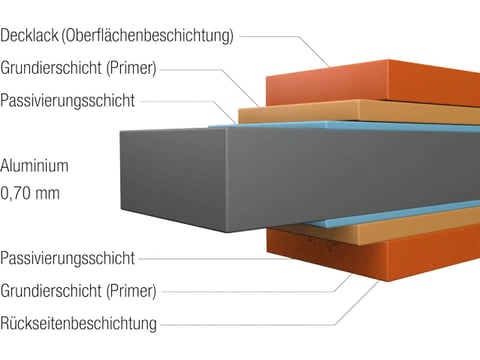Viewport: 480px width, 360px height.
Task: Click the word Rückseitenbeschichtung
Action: (79, 323)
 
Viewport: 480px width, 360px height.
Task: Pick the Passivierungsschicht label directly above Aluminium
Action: (68, 101)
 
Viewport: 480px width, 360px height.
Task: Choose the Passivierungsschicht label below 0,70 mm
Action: (68, 258)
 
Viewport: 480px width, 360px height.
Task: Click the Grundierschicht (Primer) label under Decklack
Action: (79, 69)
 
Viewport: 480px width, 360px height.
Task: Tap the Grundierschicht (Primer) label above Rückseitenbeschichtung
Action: (79, 291)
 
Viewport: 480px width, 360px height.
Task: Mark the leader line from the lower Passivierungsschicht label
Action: (230, 258)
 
